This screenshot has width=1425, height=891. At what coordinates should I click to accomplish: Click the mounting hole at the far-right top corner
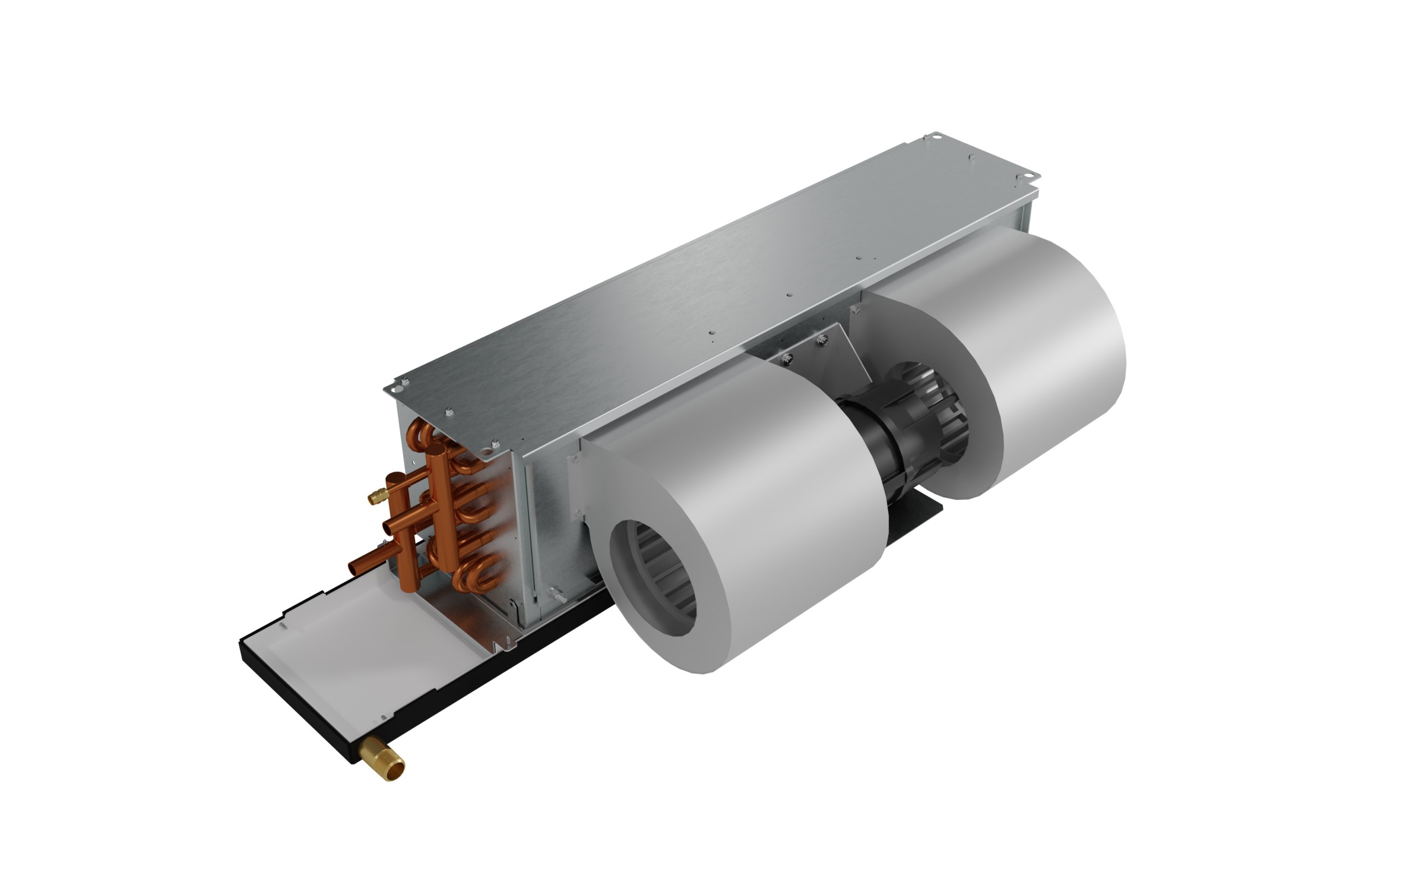click(1034, 177)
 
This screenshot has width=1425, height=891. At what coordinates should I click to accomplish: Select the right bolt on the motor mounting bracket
click(822, 339)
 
